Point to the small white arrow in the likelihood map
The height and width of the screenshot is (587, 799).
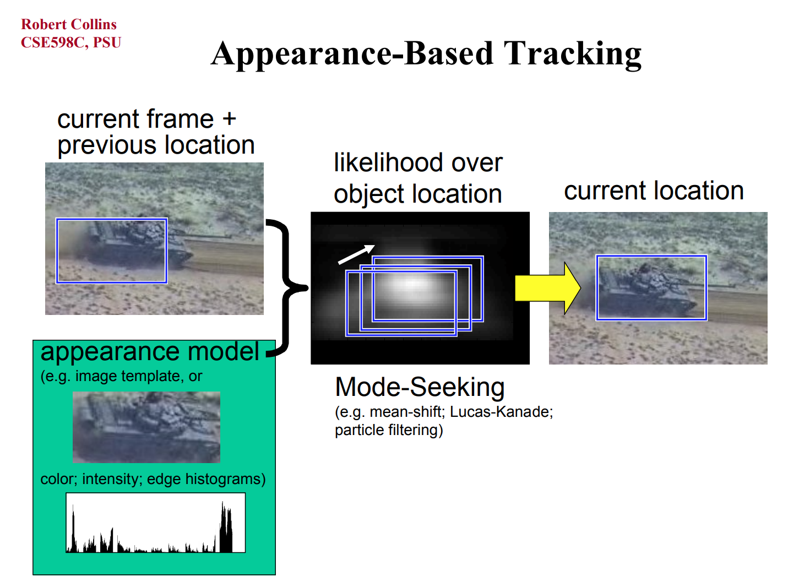coord(356,254)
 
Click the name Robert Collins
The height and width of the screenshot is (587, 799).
coord(69,24)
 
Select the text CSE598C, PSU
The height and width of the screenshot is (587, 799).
coord(70,42)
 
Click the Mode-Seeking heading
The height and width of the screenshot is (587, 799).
coord(420,387)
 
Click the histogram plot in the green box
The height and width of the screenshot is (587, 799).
coord(156,523)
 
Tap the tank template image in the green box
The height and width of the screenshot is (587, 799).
coord(146,427)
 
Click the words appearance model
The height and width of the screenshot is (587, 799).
coord(150,352)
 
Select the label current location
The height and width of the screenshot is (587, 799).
coord(654,191)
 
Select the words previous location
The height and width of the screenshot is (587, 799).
coord(156,145)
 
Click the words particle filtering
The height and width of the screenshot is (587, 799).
coord(389,430)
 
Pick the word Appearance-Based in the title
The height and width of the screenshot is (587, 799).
coord(352,54)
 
